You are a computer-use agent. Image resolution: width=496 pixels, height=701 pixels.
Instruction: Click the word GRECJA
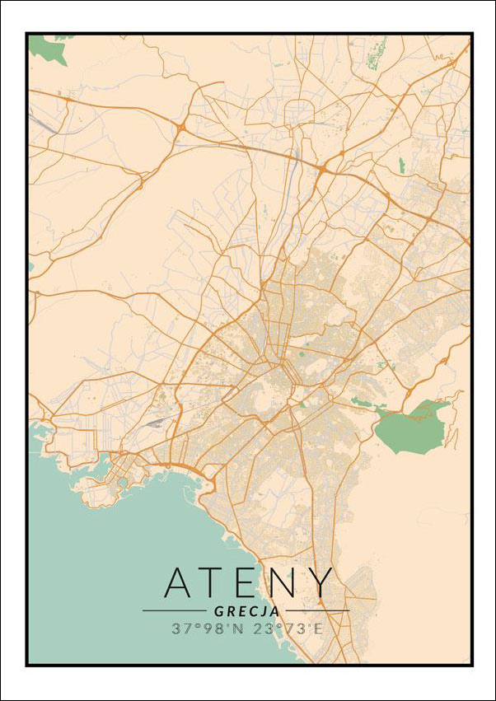coord(246,611)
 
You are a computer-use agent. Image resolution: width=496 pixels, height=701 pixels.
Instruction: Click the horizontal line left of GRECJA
coord(175,611)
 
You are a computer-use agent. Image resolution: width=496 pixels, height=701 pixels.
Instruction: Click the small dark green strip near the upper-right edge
coord(402,165)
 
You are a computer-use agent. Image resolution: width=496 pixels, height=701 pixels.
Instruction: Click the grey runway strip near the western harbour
coord(155,422)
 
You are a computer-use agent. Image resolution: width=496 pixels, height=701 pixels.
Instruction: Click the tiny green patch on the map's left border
coord(30,266)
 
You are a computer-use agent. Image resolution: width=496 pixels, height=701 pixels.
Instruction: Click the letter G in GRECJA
coord(218,611)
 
